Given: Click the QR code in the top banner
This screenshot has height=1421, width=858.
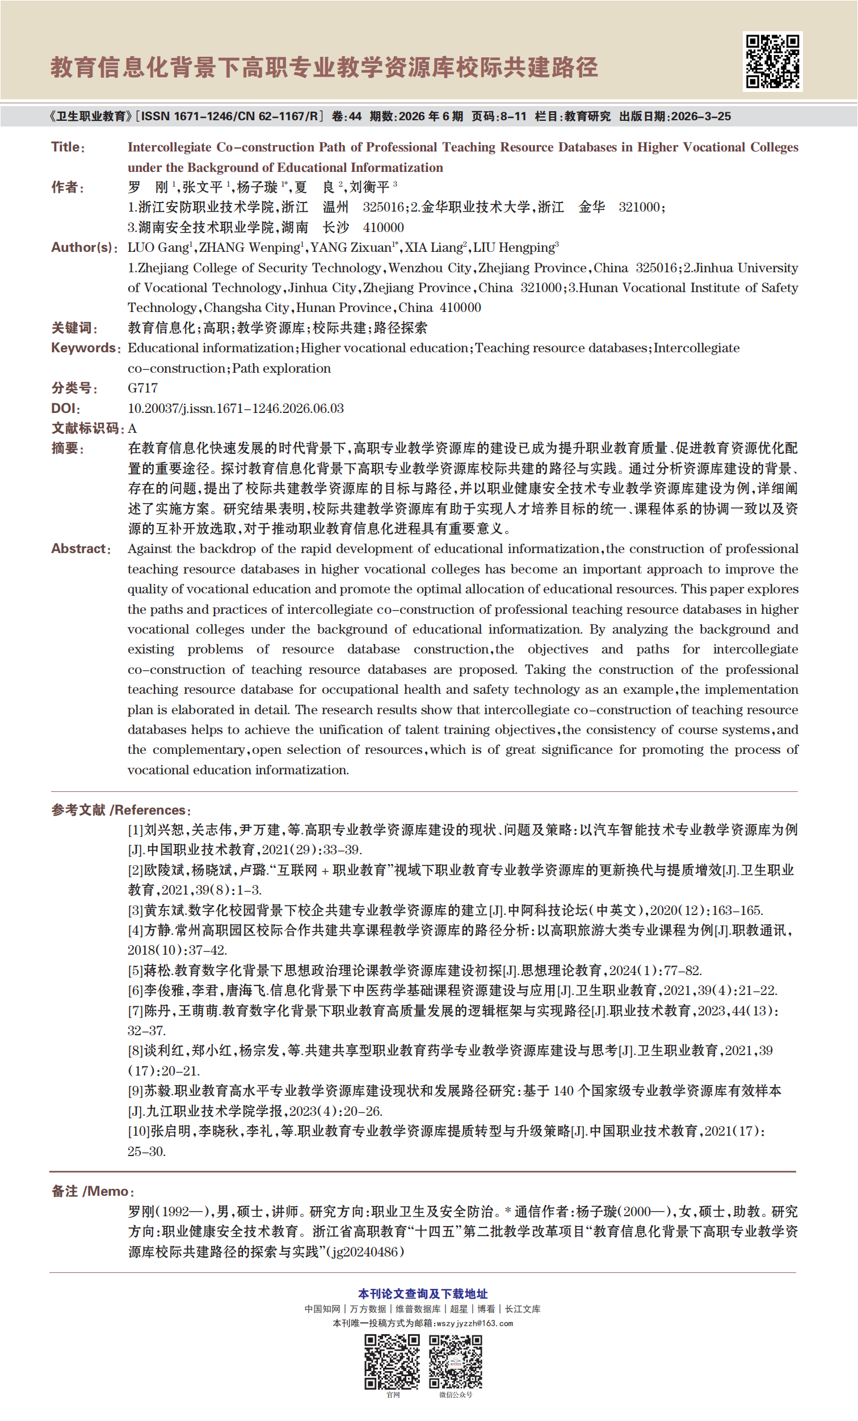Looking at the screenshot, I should [x=772, y=61].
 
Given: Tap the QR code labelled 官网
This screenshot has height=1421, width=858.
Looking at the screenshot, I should [x=392, y=1361].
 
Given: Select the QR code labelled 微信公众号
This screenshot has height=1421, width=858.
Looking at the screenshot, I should [x=455, y=1361].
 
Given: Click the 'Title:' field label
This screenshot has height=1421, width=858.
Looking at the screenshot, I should [x=68, y=147].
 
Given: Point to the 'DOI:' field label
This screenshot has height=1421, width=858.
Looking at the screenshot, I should [x=65, y=408].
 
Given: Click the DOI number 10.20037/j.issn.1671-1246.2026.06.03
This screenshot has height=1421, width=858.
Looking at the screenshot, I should [x=235, y=408].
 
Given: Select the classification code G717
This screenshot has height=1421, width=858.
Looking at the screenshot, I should [x=142, y=388].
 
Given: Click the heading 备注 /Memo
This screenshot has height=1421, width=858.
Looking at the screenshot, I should [x=92, y=1191].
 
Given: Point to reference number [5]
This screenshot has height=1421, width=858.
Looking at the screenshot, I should [x=135, y=971].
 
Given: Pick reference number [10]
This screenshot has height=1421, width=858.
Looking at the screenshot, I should [x=138, y=1131].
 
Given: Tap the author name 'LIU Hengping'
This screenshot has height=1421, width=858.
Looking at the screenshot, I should [x=514, y=247].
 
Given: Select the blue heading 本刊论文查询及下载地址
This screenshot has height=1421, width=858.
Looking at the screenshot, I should [x=423, y=1293].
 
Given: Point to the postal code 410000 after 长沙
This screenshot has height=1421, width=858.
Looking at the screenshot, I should [x=383, y=227].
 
